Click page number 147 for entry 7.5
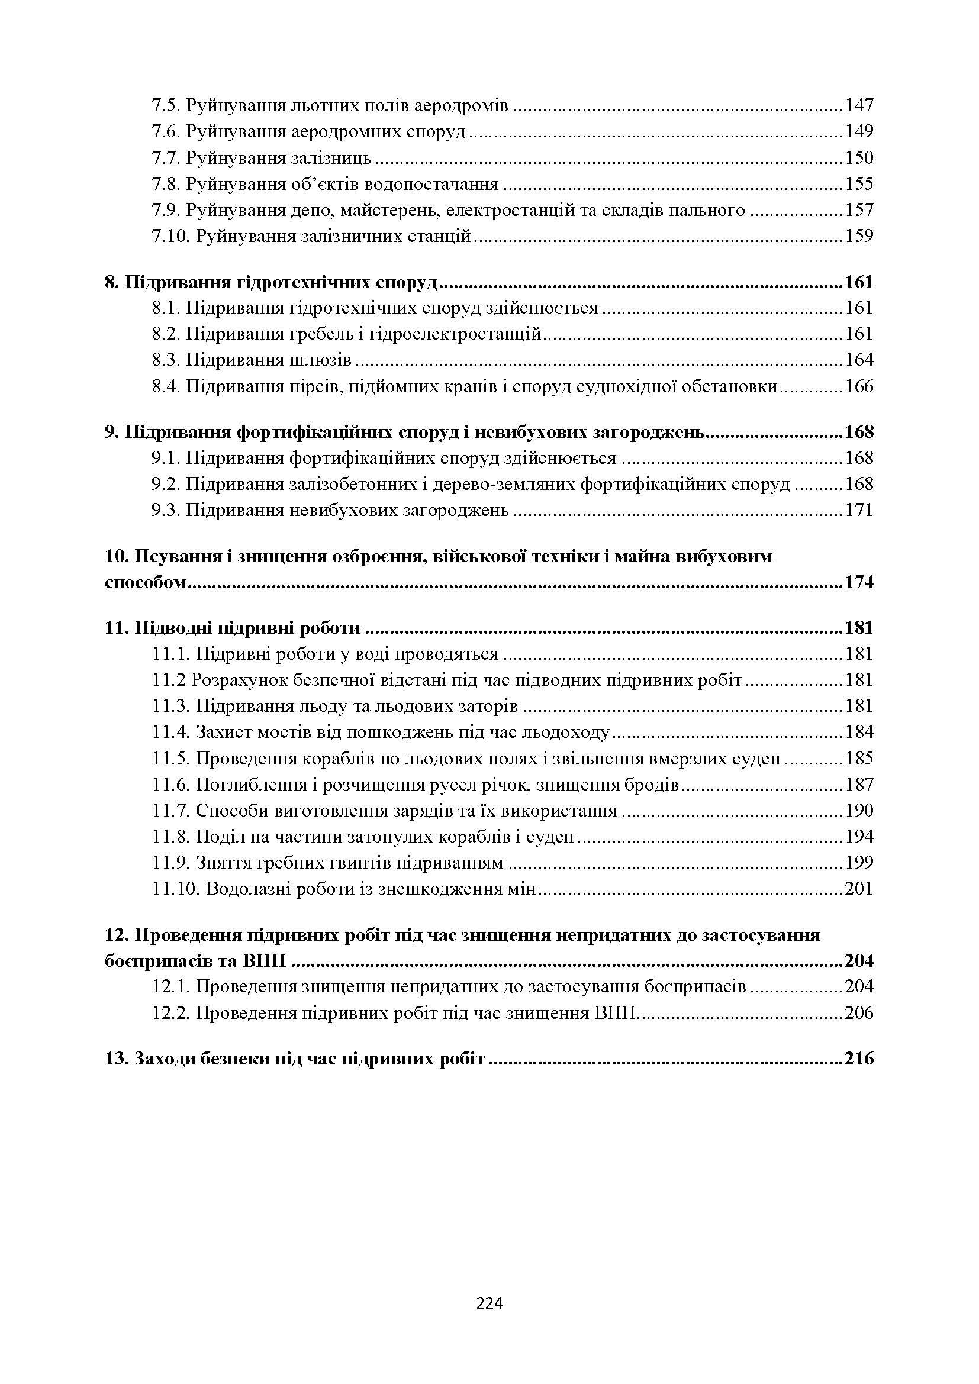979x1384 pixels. coord(858,105)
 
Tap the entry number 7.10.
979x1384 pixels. coord(169,235)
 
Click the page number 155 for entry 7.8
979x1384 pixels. coord(858,184)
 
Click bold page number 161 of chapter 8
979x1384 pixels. coord(858,282)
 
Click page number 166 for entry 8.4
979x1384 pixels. coord(858,386)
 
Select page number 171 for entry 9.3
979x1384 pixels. coord(858,510)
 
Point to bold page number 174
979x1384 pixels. coord(858,582)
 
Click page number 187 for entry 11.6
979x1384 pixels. coord(858,784)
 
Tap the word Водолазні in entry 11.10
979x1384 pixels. coord(250,889)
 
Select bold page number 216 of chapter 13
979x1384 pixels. coord(858,1059)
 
